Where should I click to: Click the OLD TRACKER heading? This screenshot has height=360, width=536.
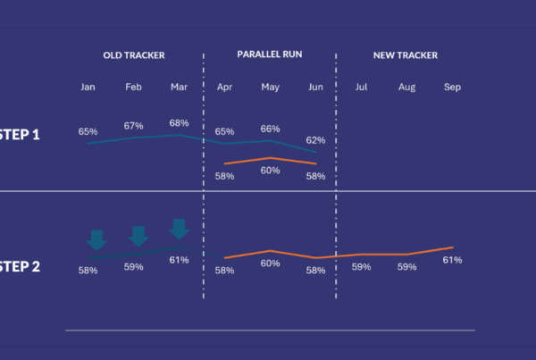pos(133,55)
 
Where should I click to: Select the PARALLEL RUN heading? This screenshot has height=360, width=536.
pos(269,54)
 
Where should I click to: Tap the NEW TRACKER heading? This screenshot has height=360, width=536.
pos(406,55)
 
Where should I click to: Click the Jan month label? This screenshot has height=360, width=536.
pos(88,88)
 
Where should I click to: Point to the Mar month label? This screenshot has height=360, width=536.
pos(179,88)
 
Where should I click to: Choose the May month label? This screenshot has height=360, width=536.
pos(270,88)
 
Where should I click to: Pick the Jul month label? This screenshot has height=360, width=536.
pos(361,88)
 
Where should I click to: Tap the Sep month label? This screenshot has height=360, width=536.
pos(452,88)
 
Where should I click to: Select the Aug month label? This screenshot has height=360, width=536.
pos(406,88)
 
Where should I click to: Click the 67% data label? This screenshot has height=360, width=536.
pos(134,126)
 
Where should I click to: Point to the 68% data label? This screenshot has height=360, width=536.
pos(179,123)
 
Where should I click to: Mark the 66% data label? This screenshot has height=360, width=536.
pos(270,129)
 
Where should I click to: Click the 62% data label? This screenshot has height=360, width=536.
pos(315,140)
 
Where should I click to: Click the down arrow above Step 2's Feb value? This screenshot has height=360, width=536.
pos(138,236)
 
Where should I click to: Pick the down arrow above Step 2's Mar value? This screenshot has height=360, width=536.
pos(179,229)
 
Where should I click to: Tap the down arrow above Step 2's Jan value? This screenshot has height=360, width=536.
pos(96,239)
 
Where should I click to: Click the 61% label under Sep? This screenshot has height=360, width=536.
pos(452,260)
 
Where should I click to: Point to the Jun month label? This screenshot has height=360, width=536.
pos(315,88)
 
